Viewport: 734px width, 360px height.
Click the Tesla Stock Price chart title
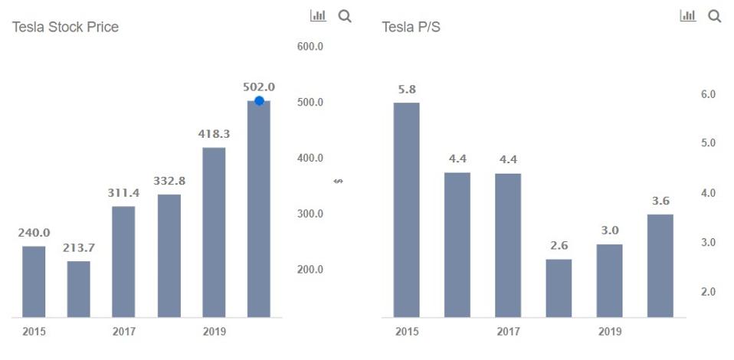pos(65,27)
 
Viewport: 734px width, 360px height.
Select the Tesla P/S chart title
pos(411,27)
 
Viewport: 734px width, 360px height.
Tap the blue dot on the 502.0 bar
pos(259,100)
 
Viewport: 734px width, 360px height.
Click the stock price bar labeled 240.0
pos(34,281)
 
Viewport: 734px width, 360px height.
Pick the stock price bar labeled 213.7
pos(79,289)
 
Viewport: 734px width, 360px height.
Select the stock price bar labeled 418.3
pos(214,232)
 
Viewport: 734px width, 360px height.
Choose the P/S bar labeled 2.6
pos(559,288)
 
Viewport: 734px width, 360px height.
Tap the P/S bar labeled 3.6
pos(660,265)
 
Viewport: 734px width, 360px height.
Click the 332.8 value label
pos(169,182)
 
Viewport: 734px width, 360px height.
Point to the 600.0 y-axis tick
pos(310,47)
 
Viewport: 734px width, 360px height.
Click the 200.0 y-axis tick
pos(310,270)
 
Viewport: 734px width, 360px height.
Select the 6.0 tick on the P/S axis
pos(708,94)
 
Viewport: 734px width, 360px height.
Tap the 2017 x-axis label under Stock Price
pos(123,332)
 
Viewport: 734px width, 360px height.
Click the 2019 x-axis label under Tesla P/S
pos(609,332)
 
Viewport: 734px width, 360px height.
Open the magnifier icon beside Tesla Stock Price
pos(345,15)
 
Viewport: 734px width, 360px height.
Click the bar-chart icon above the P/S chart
pos(688,15)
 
